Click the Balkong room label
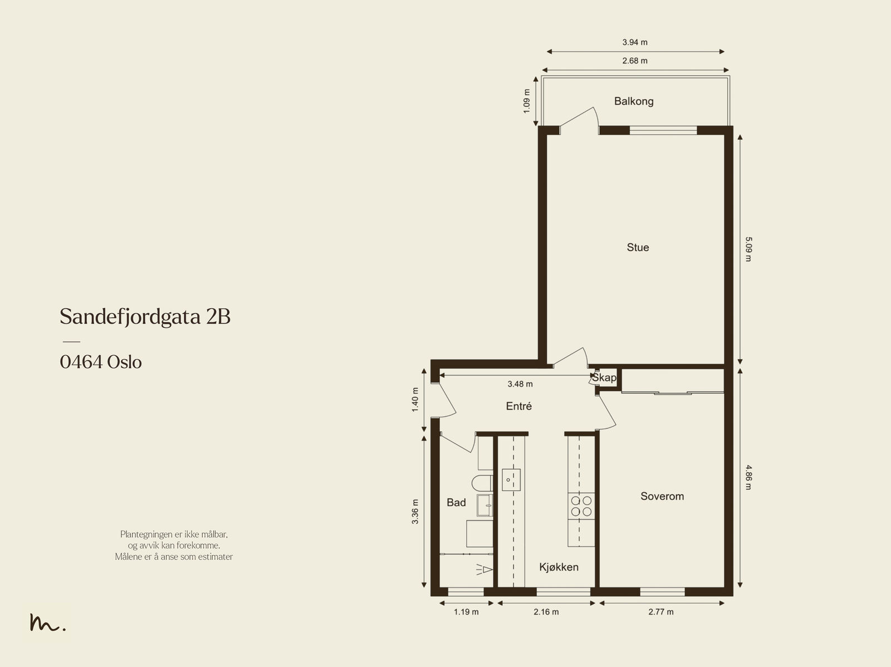pos(634,101)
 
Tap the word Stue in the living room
pos(638,248)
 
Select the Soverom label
pos(662,496)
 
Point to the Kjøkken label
pos(559,567)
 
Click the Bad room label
pos(456,503)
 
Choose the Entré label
pos(519,406)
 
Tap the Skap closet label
pos(604,377)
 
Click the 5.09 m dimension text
pos(748,249)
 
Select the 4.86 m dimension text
pos(748,477)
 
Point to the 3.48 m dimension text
pos(520,384)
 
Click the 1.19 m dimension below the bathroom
pos(466,612)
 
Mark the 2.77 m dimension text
pos(661,612)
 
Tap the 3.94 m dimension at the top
pos(635,42)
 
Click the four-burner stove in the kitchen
pos(581,506)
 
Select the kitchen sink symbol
pos(511,480)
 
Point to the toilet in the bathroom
pos(482,483)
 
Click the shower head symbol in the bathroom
pos(484,570)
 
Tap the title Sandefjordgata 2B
pos(145,317)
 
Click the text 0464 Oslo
pos(101,362)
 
